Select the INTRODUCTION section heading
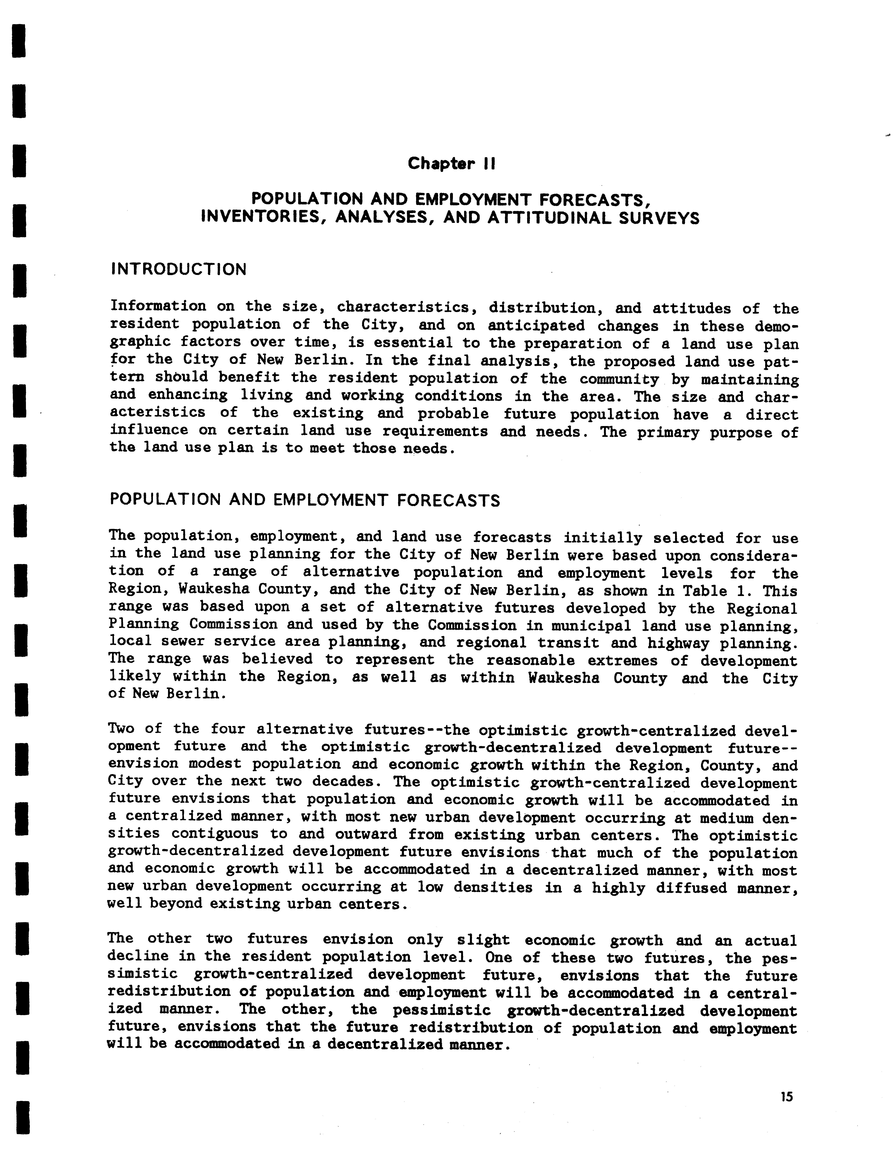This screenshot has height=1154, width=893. tap(179, 269)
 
